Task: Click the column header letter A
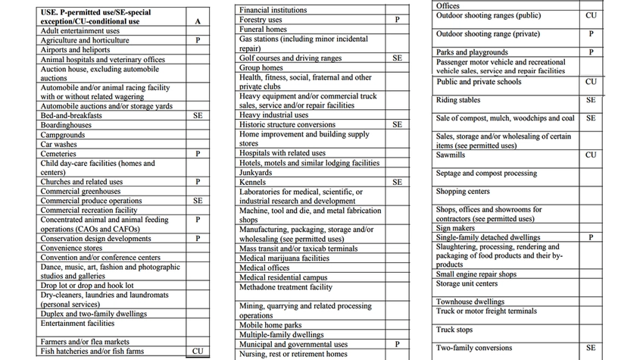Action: click(x=197, y=22)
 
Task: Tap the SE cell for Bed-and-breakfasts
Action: click(x=197, y=116)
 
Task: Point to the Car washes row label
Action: click(x=58, y=144)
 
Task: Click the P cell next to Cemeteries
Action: click(x=197, y=154)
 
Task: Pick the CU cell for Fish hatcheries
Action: click(x=197, y=352)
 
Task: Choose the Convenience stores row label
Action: click(x=71, y=248)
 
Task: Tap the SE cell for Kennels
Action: click(x=397, y=183)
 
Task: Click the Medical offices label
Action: click(x=264, y=268)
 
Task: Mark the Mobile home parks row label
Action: click(x=270, y=325)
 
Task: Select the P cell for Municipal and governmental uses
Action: click(x=397, y=345)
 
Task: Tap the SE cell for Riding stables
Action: click(x=591, y=100)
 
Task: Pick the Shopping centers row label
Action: click(x=463, y=192)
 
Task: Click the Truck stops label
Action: click(x=454, y=330)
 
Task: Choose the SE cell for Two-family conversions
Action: click(x=591, y=348)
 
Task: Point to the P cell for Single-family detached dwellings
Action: click(x=591, y=238)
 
